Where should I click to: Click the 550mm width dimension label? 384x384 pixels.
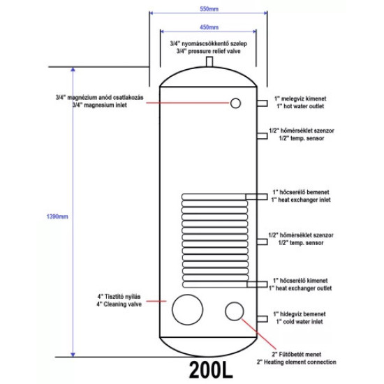pos(209,9)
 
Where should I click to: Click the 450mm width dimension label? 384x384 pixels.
pos(209,27)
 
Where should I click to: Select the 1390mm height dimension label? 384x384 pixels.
pos(57,216)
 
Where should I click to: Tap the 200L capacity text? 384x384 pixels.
pos(211,369)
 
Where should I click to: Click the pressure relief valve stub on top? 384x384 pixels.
pos(209,61)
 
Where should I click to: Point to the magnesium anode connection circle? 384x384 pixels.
pos(235,103)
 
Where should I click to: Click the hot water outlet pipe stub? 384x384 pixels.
pos(262,103)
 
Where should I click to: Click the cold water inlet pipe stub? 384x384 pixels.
pos(262,319)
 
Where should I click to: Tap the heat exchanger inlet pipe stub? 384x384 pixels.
pos(256,197)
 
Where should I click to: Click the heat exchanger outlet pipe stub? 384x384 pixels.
pos(257,284)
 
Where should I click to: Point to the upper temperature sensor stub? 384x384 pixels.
pos(262,135)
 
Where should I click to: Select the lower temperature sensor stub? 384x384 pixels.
pos(262,242)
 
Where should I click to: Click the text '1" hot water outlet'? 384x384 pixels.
pos(300,106)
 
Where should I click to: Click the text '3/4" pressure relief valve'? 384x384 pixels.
pos(209,51)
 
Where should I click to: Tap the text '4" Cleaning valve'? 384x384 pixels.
pos(119,304)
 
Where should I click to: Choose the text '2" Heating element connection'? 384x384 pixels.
pos(296,362)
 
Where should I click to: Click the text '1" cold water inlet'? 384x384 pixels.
pos(300,322)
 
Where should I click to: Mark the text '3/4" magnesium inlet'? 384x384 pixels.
pos(100,105)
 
